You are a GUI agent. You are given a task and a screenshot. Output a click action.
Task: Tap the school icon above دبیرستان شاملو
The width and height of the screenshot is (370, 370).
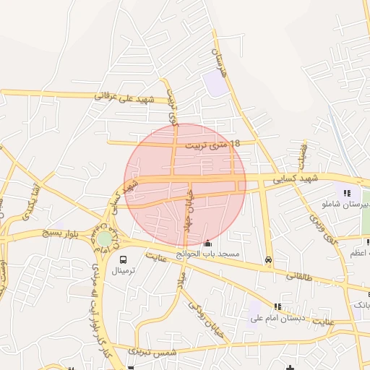(x=348, y=193)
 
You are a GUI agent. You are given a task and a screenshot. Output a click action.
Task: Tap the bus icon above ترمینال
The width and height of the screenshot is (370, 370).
(x=123, y=259)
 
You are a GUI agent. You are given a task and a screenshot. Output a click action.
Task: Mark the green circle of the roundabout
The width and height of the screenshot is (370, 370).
(x=106, y=238)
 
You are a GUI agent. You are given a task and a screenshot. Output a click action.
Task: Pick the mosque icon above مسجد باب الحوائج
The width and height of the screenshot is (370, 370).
(x=209, y=244)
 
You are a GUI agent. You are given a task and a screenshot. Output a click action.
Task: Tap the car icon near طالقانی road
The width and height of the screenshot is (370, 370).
(x=269, y=259)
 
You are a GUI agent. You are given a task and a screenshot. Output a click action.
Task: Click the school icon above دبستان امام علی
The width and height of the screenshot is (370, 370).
(x=278, y=306)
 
